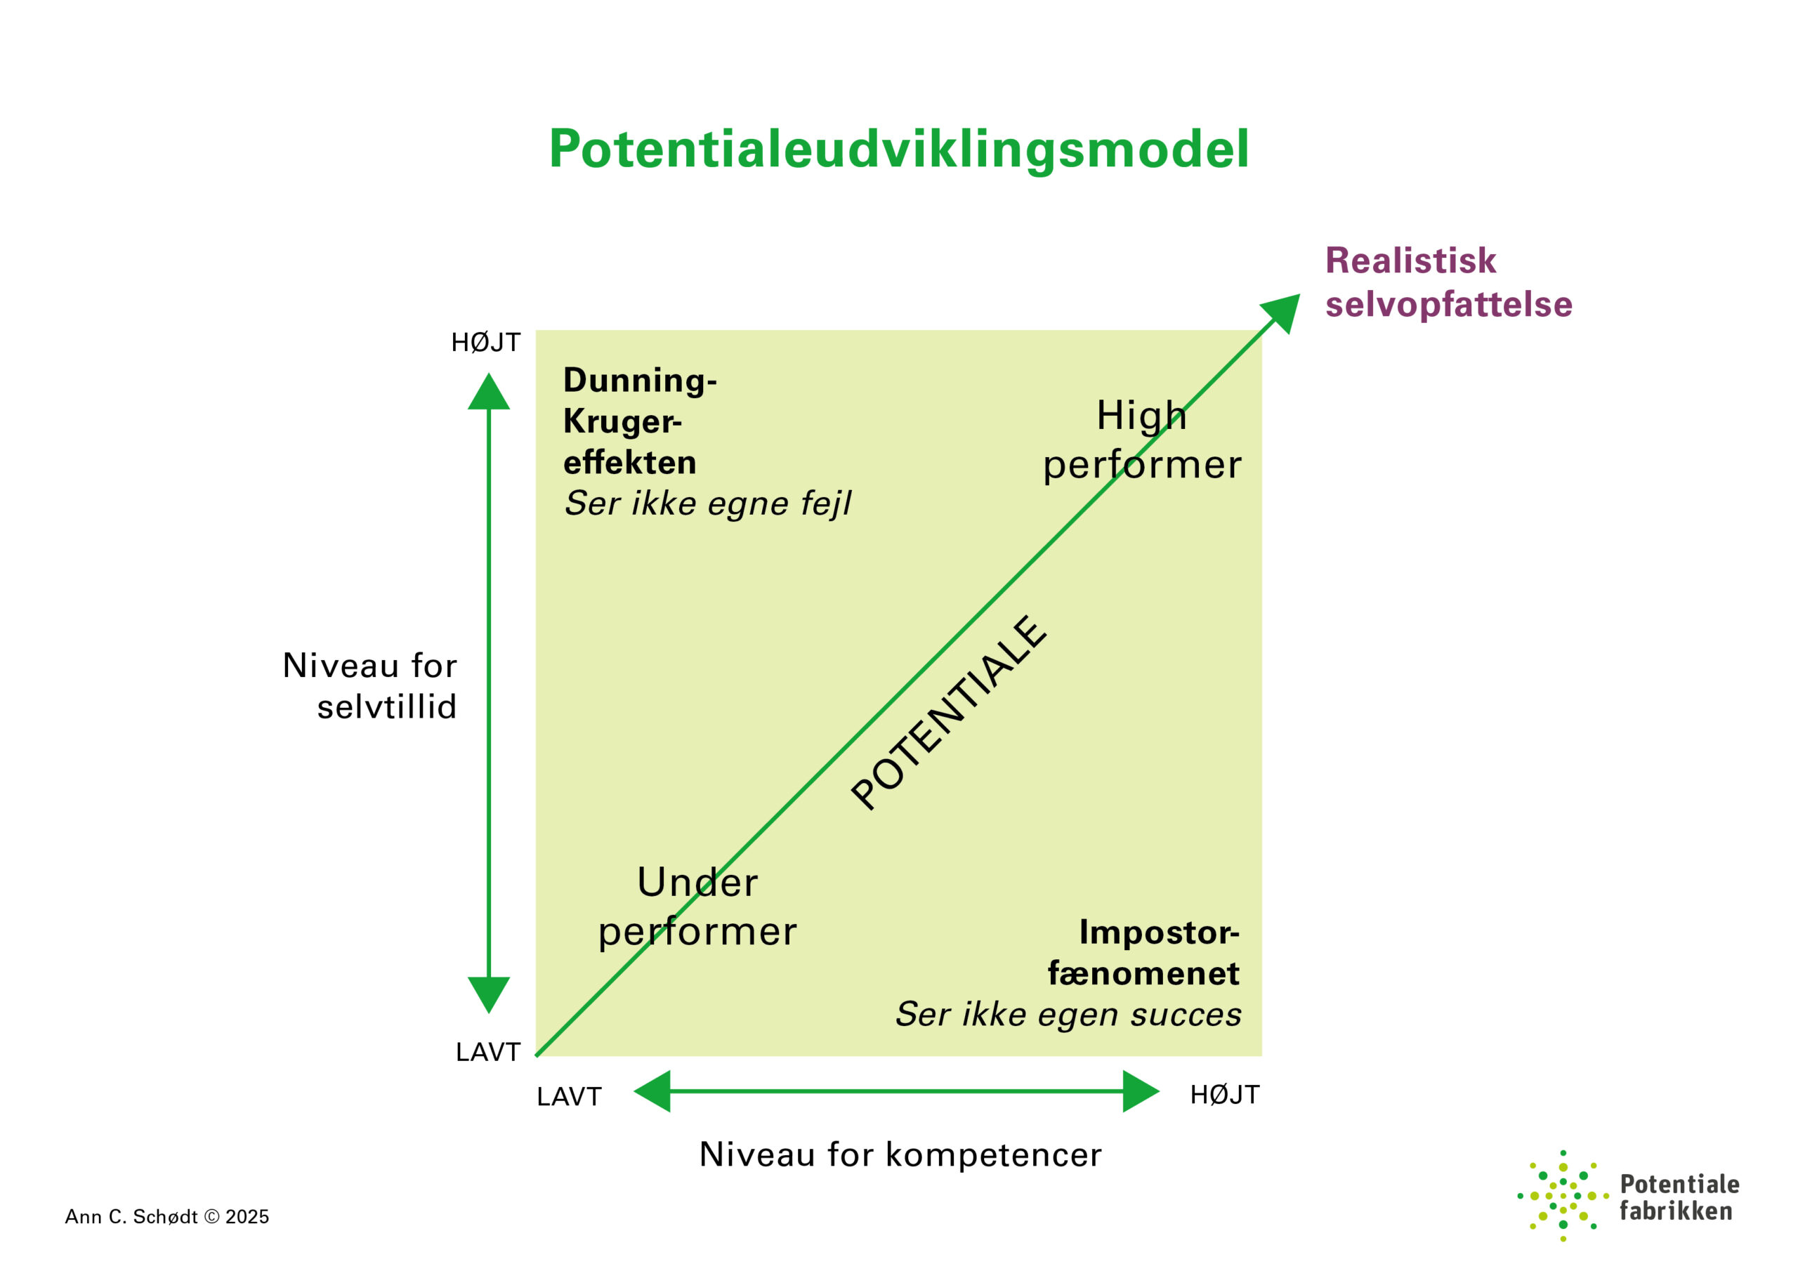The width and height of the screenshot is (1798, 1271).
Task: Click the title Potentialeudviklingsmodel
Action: coord(898,149)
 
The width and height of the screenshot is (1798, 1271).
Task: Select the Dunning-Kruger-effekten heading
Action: coord(638,421)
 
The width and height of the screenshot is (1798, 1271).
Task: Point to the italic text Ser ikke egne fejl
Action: coord(707,503)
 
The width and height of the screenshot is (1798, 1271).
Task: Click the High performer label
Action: coord(1141,440)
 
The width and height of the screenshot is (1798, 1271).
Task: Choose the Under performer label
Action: coord(697,907)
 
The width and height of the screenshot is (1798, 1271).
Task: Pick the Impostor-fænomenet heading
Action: coord(1143,952)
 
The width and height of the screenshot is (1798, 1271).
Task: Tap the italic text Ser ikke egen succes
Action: coord(1068,1014)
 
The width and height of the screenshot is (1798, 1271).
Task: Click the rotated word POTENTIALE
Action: coord(948,713)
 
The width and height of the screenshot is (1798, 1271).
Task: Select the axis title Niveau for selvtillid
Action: coord(369,686)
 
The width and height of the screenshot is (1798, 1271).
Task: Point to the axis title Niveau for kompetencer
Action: coord(900,1154)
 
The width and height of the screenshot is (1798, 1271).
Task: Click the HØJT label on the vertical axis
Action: coord(485,342)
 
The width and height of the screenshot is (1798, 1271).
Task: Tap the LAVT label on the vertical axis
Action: coord(488,1052)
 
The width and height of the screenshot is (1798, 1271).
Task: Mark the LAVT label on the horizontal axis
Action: coord(568,1096)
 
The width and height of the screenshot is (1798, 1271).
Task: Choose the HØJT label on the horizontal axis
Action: coord(1225,1094)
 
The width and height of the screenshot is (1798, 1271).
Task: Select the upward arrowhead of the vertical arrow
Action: coord(489,393)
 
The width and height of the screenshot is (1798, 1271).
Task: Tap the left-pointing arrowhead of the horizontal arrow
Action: coord(654,1091)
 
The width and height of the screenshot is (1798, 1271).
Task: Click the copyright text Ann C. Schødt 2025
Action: coord(166,1216)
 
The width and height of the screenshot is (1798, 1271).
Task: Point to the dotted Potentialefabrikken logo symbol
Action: coord(1562,1196)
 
